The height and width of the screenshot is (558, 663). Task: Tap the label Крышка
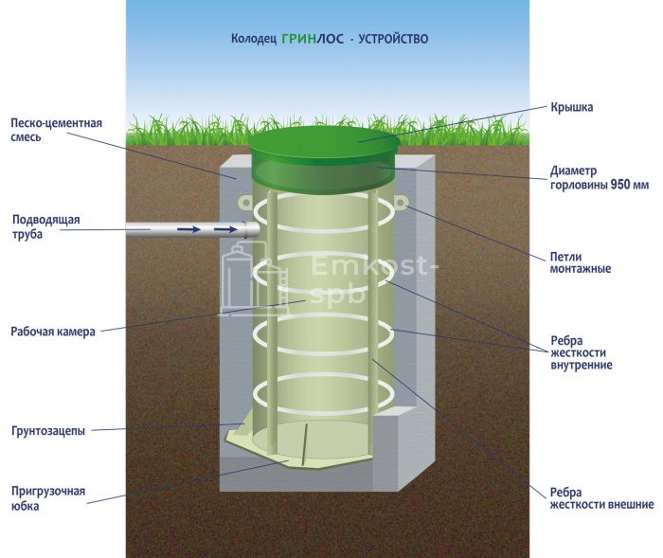(x=572, y=107)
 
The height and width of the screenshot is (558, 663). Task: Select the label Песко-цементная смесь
(x=56, y=130)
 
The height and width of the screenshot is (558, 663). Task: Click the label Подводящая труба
(x=46, y=226)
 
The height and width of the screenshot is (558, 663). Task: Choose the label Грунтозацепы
(x=48, y=431)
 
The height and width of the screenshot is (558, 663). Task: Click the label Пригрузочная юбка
(x=48, y=498)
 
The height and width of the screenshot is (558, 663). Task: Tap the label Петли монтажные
(x=580, y=261)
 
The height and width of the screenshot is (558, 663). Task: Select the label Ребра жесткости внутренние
(x=581, y=352)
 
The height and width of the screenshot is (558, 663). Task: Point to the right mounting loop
(x=401, y=203)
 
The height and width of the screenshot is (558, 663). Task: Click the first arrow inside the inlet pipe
(x=190, y=228)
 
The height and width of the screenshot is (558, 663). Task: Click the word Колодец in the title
(x=253, y=40)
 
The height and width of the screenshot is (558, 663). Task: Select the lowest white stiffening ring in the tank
(x=323, y=387)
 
